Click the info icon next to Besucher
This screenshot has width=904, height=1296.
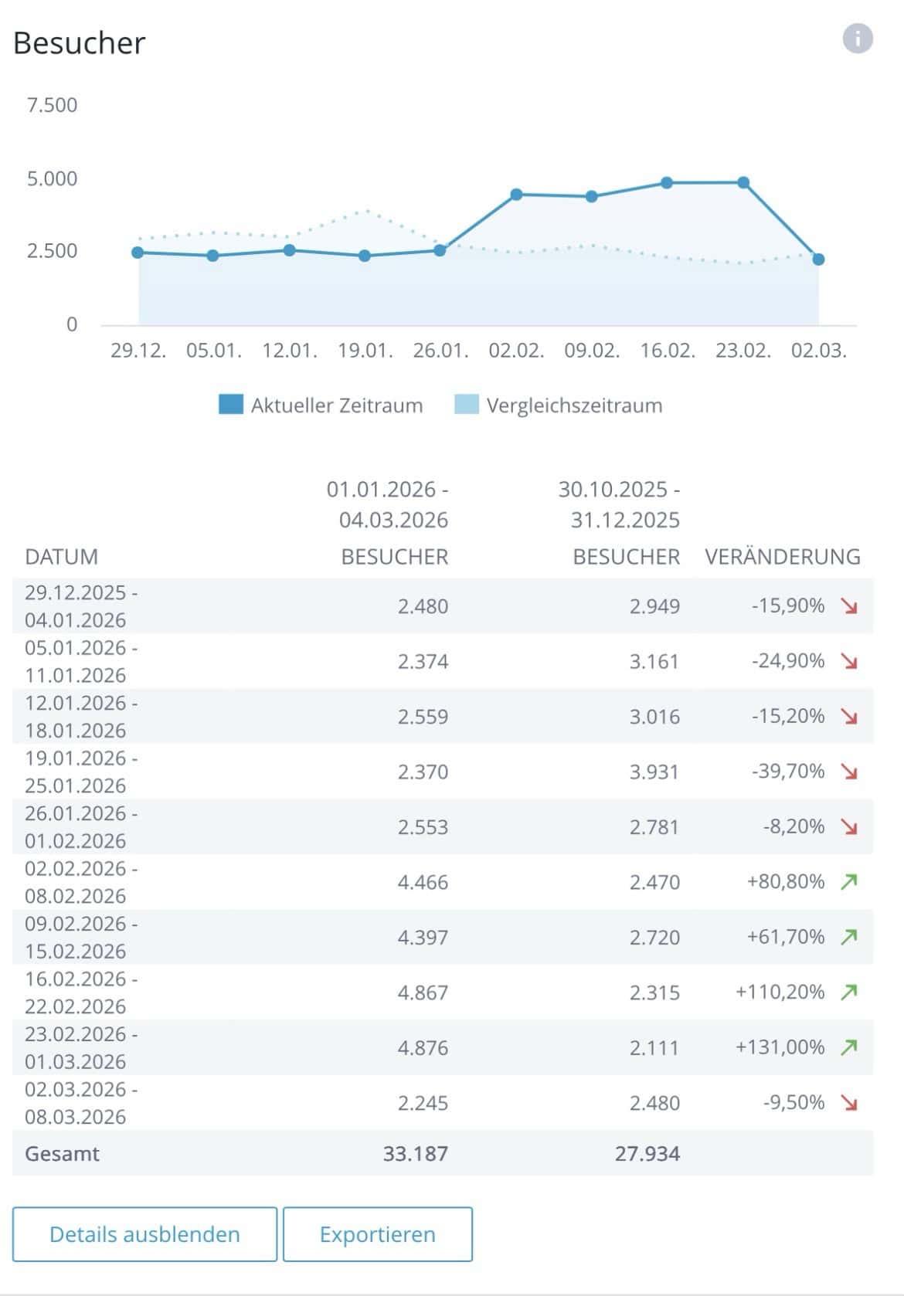pos(857,38)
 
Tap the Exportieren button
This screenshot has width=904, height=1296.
pos(377,1234)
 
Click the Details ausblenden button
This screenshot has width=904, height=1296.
pos(144,1234)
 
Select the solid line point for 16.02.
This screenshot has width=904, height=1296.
pos(667,183)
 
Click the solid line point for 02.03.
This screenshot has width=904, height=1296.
pos(818,260)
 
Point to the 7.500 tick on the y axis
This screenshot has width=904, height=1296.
pos(52,105)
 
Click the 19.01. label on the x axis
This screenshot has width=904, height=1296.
pos(365,351)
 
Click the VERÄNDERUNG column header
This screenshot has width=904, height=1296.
pos(782,557)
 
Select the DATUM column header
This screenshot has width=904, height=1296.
pos(61,557)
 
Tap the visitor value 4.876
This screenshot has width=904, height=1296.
pos(423,1048)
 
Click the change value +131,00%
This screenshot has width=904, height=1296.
pos(780,1047)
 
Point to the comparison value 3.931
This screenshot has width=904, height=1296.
pos(654,772)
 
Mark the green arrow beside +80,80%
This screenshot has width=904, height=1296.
pos(849,881)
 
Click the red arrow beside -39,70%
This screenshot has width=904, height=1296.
pos(849,772)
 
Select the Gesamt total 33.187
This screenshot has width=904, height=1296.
pos(415,1154)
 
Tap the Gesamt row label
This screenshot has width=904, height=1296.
pos(62,1154)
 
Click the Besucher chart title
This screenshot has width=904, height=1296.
pos(79,43)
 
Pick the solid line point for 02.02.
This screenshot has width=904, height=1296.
pos(516,195)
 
